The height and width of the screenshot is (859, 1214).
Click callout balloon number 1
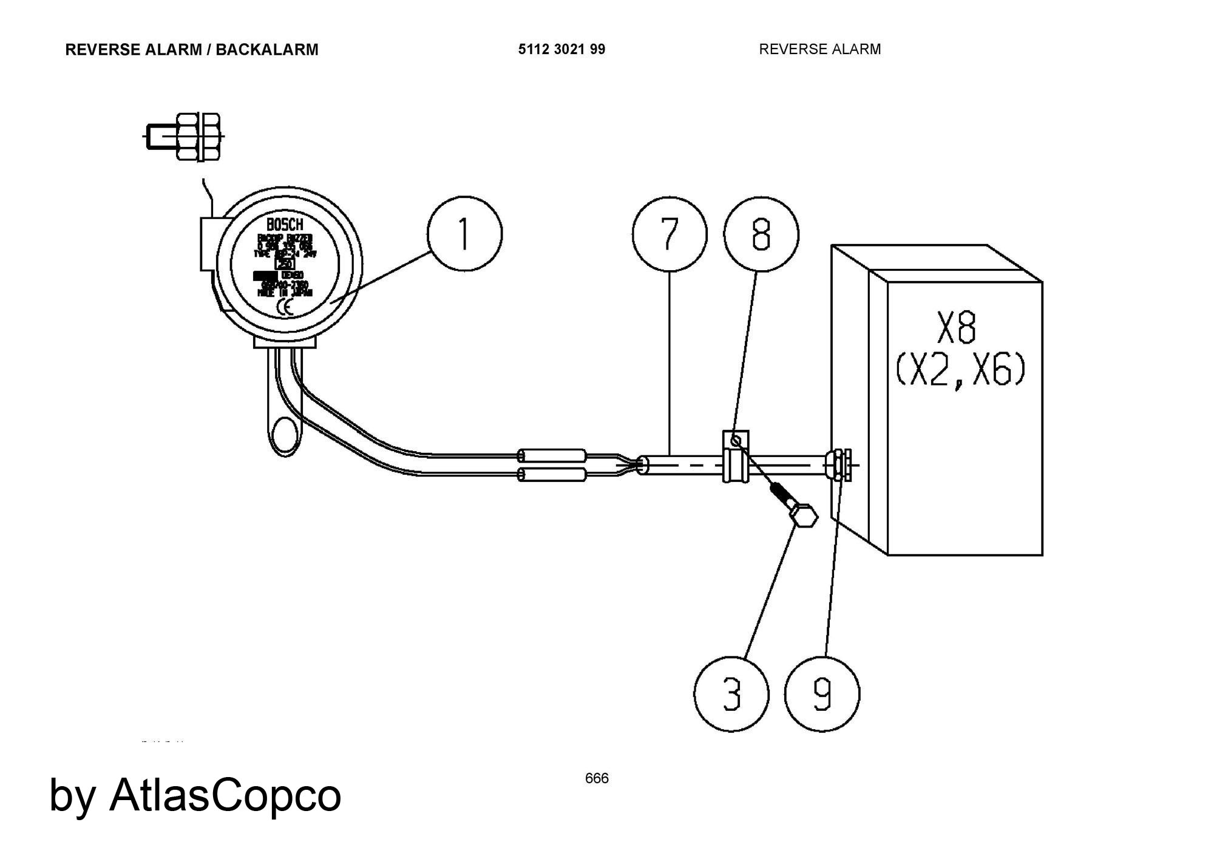tap(464, 233)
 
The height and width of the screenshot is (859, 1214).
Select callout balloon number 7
tap(669, 234)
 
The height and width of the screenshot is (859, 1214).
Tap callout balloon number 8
tap(761, 234)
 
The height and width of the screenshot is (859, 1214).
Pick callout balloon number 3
tap(731, 694)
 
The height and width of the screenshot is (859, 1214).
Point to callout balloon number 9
tap(822, 694)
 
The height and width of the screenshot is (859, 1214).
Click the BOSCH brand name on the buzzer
tap(285, 225)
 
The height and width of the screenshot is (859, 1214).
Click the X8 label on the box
tap(957, 328)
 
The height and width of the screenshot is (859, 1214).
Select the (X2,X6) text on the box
tap(960, 370)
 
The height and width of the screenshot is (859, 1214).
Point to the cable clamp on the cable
tap(735, 457)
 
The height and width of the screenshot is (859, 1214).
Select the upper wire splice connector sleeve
tap(552, 455)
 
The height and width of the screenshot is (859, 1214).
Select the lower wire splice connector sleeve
tap(552, 474)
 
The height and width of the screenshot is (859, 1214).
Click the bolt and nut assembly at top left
tap(191, 137)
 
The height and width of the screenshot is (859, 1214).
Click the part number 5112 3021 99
tap(561, 49)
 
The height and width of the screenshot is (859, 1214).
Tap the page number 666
tap(597, 778)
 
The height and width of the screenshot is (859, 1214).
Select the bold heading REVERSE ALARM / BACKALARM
tap(191, 50)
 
